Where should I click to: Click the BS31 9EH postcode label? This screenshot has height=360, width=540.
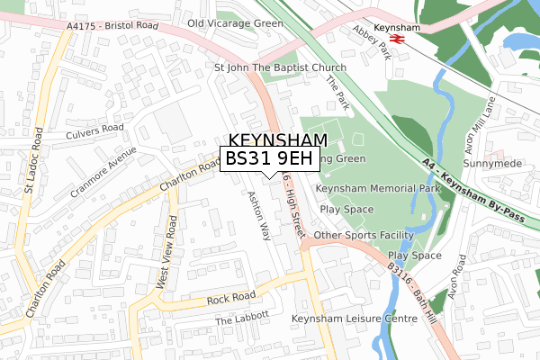coord(269,158)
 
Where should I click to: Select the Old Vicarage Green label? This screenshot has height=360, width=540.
coord(236,22)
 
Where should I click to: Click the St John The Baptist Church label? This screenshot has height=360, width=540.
coord(279,67)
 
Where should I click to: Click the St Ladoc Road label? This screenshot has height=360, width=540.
coord(34,159)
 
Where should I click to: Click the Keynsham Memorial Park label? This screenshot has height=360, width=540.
coord(377,189)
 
